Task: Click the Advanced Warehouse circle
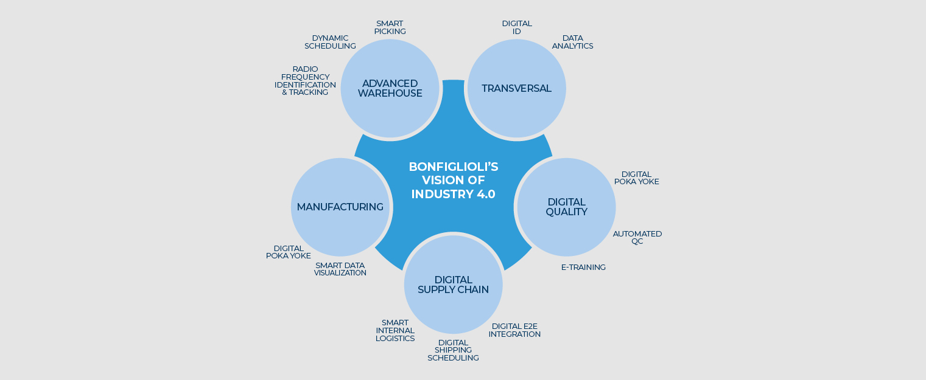(390, 88)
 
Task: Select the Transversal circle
(516, 88)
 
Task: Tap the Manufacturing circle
(340, 207)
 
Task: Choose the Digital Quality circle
(566, 207)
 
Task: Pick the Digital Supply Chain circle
(453, 285)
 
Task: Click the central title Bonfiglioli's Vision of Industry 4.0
(454, 180)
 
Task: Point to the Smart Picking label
(390, 27)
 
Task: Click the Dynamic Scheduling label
(330, 42)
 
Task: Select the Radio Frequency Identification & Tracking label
(305, 81)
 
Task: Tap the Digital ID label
(517, 27)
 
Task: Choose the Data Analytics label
(572, 42)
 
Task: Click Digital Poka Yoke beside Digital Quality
(636, 178)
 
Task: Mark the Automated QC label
(637, 237)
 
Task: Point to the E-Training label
(583, 267)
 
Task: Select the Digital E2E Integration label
(514, 330)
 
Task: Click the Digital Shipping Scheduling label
(453, 350)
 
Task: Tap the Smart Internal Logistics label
(395, 331)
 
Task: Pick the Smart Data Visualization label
(340, 269)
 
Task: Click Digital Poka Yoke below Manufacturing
(289, 252)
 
